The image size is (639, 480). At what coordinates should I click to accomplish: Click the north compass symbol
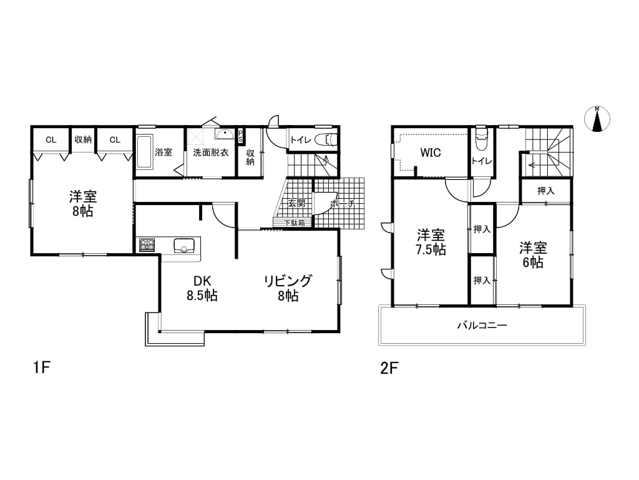coord(597,119)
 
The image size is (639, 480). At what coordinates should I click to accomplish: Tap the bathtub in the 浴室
coord(144,152)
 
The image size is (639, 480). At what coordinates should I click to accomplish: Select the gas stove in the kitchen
coord(147,245)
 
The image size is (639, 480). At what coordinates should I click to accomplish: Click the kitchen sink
coord(184,246)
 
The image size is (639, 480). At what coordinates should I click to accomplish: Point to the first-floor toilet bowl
coord(326,139)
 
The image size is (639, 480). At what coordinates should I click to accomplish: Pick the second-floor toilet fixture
coord(481,139)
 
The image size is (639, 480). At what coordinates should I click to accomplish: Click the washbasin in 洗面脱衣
coord(225,135)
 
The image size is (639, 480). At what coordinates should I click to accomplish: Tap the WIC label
coord(431,152)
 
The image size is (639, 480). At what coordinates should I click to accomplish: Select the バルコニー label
coord(482,325)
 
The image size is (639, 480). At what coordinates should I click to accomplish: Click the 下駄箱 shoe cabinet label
coord(295,223)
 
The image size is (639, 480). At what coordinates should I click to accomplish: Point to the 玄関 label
coord(296,203)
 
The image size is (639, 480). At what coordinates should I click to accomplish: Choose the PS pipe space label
coord(240,136)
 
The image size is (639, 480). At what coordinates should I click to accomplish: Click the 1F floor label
coord(42,367)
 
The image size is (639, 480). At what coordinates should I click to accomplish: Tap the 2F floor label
coord(389,368)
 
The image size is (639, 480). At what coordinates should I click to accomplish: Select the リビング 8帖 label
coord(288,287)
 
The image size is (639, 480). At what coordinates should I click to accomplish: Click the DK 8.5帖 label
coord(202,287)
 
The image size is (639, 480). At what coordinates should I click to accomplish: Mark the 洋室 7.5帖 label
coord(431,242)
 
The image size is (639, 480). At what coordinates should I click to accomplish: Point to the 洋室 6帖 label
coord(533,255)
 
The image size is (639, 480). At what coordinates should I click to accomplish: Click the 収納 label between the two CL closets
coord(83,139)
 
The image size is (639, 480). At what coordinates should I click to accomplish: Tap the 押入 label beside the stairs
coord(545,191)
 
